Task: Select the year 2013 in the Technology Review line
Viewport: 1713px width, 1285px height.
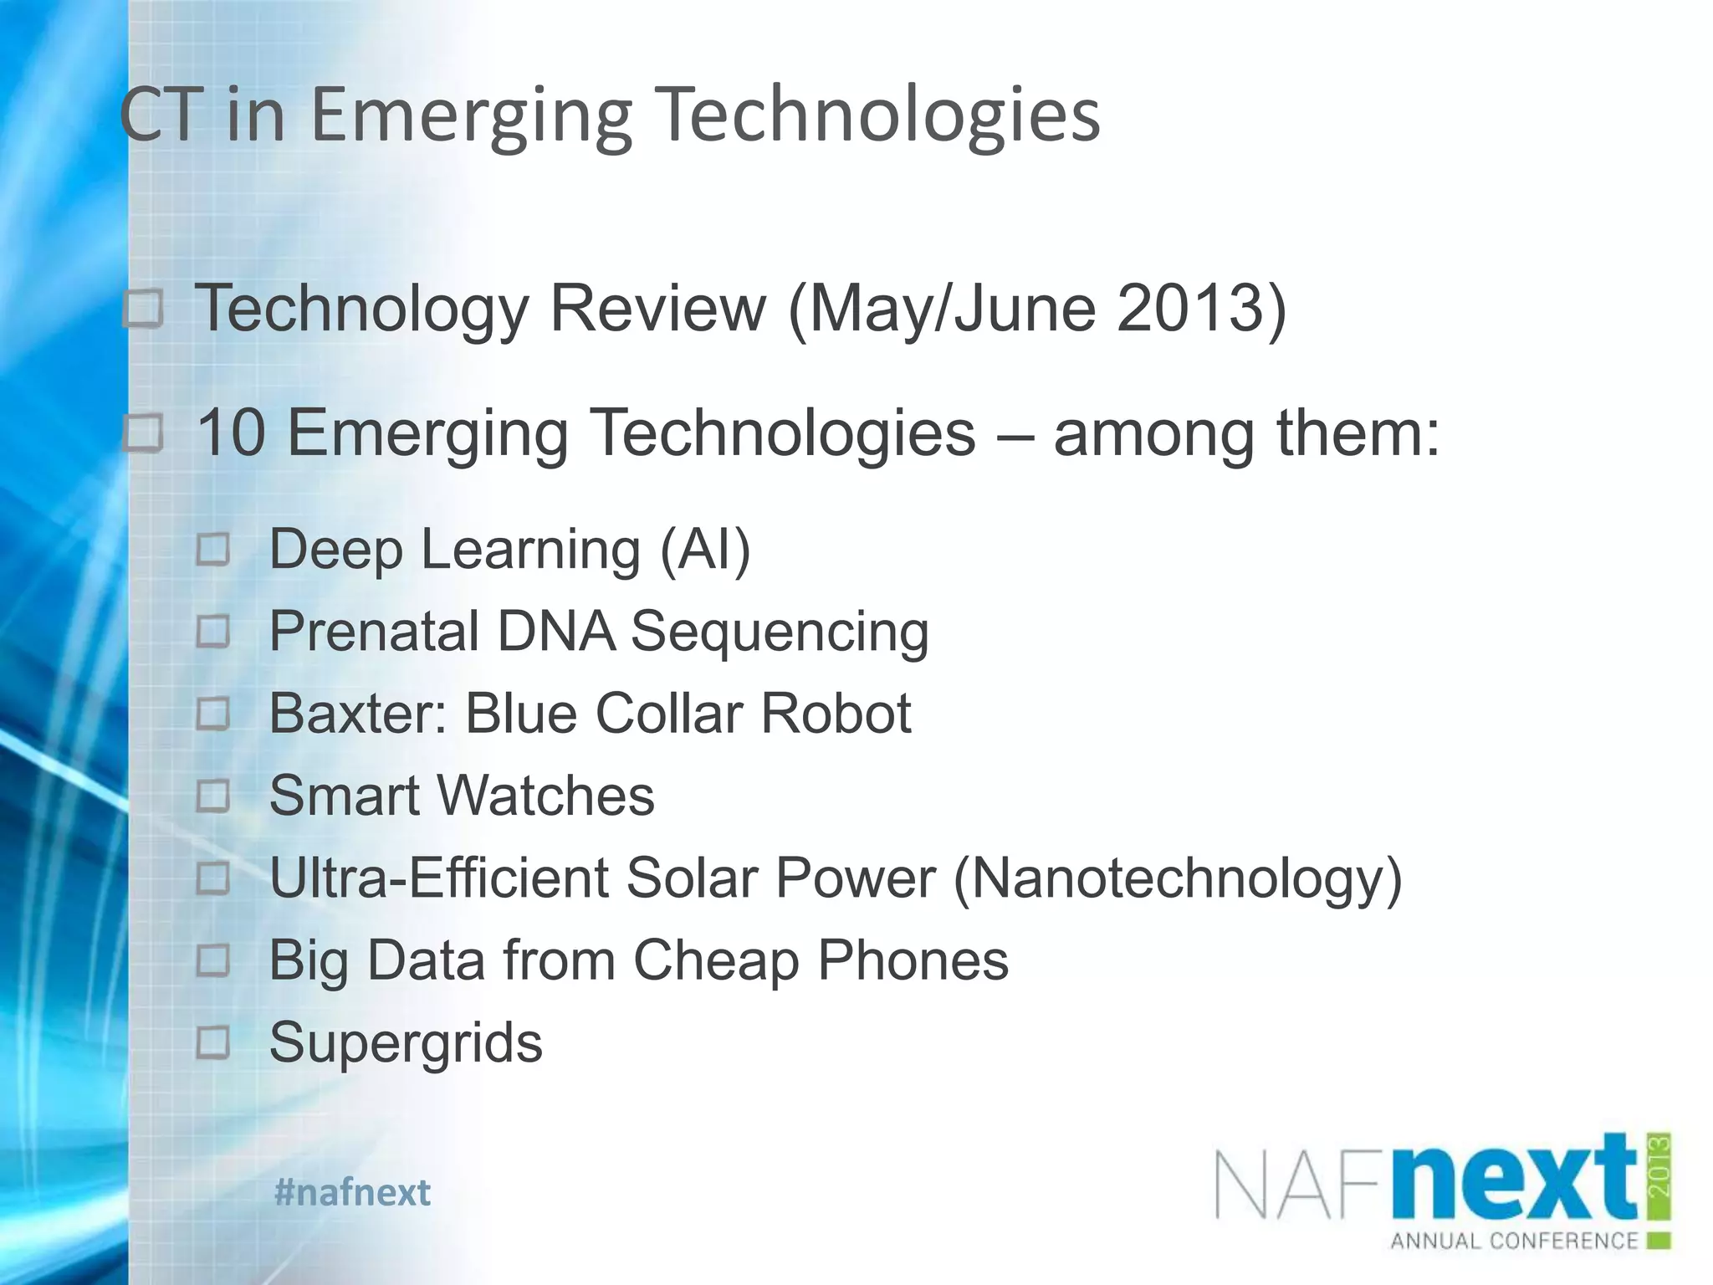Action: (x=1189, y=309)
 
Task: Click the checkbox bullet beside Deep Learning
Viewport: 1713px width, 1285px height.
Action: (x=213, y=550)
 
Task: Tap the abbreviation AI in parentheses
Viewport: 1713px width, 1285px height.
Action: (x=706, y=550)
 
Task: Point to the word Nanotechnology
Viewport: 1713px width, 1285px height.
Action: (x=1177, y=878)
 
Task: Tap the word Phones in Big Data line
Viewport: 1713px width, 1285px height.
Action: (x=913, y=960)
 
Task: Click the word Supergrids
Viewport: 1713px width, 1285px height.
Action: (x=406, y=1042)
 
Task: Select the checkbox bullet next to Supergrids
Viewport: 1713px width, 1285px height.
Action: (x=213, y=1042)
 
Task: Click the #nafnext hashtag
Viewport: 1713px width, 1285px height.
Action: (x=352, y=1192)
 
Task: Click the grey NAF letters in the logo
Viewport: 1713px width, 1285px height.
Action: (x=1301, y=1185)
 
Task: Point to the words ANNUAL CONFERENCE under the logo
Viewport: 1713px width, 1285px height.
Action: (x=1514, y=1240)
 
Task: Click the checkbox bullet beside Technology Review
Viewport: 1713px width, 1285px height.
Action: (x=144, y=310)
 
